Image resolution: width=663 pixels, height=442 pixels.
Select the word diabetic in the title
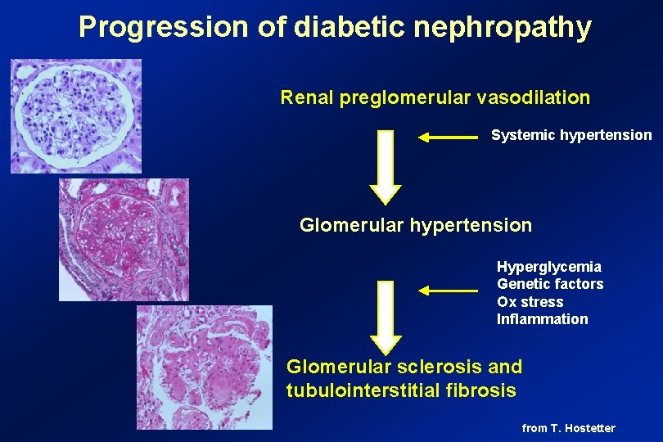(x=351, y=28)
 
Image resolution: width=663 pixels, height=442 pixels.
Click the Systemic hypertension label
(x=571, y=135)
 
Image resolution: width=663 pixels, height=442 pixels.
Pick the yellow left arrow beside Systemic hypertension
(x=448, y=138)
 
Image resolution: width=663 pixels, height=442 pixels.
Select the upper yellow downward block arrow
(x=386, y=167)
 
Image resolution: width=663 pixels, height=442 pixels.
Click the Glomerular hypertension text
(x=416, y=224)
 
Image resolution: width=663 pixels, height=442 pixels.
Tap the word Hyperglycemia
(x=549, y=267)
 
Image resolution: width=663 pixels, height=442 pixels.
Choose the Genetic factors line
(x=550, y=284)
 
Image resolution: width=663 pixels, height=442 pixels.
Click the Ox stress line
(x=530, y=302)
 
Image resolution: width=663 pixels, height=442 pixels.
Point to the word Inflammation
(x=543, y=319)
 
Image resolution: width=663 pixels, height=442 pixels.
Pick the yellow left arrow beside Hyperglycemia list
(x=448, y=290)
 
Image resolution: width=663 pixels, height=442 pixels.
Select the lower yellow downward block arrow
(x=386, y=317)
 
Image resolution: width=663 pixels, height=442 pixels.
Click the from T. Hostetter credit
(x=568, y=428)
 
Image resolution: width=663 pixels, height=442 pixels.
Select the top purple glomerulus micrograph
(x=75, y=115)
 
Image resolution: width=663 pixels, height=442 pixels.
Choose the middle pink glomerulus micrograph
(x=124, y=240)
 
